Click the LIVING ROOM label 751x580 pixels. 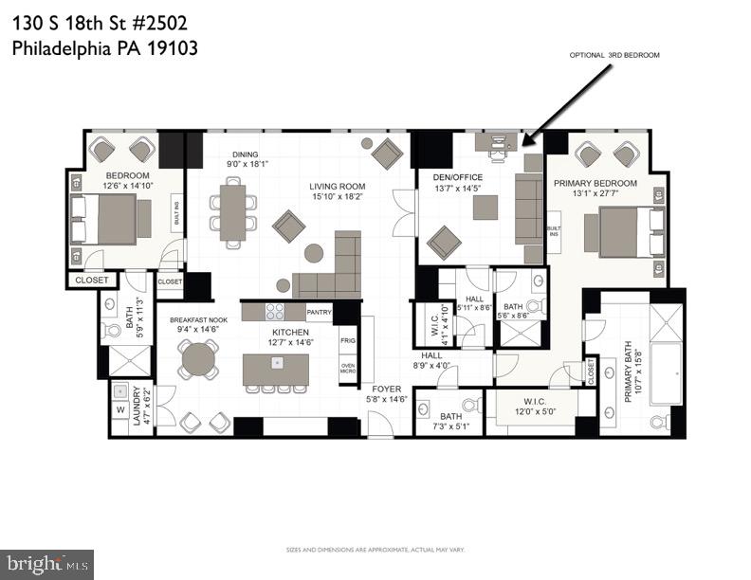coord(337,186)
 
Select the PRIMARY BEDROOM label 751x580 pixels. coord(595,183)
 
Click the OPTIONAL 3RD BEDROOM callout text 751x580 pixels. coord(614,56)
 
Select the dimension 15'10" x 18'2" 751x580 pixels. coord(337,196)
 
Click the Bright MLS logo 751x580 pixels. coord(47,565)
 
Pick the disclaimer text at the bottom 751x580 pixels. coord(375,550)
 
